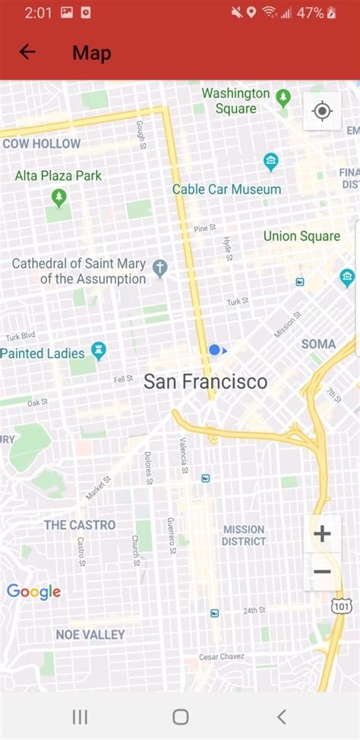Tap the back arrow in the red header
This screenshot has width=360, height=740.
point(27,52)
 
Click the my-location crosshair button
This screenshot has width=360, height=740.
point(322,112)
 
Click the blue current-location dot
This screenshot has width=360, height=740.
point(214,349)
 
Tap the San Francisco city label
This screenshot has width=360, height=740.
point(205,381)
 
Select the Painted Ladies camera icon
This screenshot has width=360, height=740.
point(98,350)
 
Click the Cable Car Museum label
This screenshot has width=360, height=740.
point(226,189)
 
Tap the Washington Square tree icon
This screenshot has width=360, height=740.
point(283,97)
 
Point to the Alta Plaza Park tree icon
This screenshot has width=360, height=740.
point(59,198)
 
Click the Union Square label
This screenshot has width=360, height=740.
point(302,236)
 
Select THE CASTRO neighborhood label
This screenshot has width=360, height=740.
point(80,525)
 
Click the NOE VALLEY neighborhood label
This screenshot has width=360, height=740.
point(90,634)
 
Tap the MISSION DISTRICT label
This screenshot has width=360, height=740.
point(244,535)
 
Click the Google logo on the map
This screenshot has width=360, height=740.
point(33,592)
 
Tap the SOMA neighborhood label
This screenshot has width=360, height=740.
point(318,344)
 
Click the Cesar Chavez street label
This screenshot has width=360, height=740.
point(223,656)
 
